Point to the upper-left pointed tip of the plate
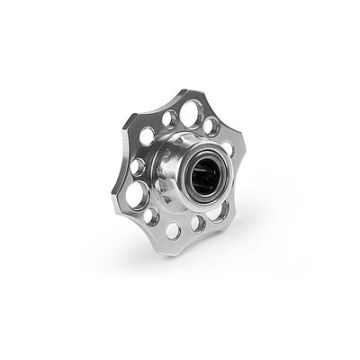coord(125,117)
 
